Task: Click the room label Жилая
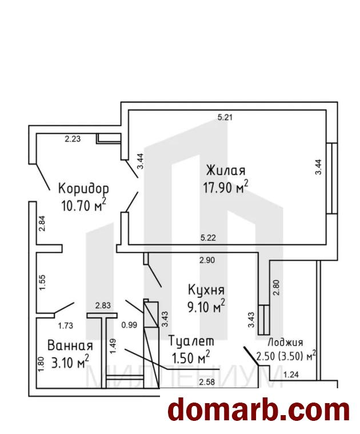[x=226, y=170]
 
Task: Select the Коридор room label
[x=83, y=189]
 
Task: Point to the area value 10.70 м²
[x=83, y=205]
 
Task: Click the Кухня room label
[x=206, y=290]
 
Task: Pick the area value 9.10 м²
[x=206, y=306]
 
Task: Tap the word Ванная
[x=70, y=346]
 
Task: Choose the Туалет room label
[x=191, y=341]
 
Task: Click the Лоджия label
[x=285, y=343]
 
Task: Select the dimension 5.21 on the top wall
[x=225, y=117]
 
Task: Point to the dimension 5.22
[x=208, y=237]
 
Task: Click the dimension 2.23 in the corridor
[x=73, y=139]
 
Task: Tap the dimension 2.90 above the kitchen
[x=207, y=260]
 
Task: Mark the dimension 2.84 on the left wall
[x=42, y=224]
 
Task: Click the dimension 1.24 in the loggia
[x=291, y=375]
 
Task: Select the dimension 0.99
[x=129, y=325]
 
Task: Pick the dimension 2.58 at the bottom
[x=207, y=383]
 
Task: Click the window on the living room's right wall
[x=332, y=178]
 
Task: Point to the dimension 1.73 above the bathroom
[x=66, y=326]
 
